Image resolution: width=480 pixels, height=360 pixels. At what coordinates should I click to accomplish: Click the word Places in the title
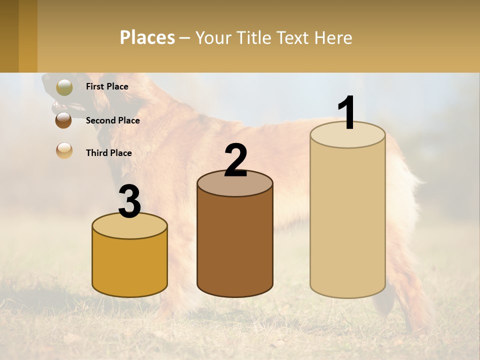(147, 37)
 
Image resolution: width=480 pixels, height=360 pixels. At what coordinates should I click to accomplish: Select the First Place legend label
(107, 86)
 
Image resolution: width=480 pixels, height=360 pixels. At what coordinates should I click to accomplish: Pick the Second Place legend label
(112, 120)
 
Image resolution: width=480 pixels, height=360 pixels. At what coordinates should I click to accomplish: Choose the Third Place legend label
(108, 153)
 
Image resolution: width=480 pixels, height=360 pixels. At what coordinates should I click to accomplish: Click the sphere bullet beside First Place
(64, 87)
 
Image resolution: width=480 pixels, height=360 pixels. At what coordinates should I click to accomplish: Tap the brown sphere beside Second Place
(64, 120)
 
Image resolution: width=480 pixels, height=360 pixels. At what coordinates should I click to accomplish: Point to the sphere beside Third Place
(64, 151)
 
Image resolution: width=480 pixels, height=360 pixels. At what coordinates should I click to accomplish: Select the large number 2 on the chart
(236, 160)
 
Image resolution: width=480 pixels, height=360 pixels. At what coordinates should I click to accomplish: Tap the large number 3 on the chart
(129, 202)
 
